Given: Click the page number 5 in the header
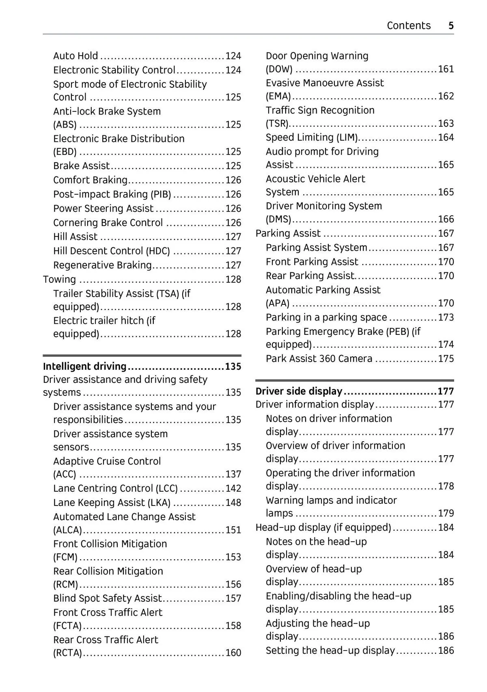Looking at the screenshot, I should coord(451,26).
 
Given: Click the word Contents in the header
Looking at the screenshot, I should coord(408,26).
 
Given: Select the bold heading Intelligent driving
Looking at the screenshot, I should coord(85,366).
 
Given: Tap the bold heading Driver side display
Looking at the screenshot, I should coord(299,391).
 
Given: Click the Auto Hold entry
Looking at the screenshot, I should coord(75,56).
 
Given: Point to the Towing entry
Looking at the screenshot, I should coord(59,279).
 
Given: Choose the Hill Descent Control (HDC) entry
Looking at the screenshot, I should coord(112,251).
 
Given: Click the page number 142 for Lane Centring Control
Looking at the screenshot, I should coord(233,488).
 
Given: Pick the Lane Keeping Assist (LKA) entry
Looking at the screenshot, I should coord(112,503).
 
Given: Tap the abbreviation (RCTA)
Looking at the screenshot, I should coord(67,653).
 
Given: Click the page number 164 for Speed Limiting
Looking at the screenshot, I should coord(446,137).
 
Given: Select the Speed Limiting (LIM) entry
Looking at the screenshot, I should coord(312,137).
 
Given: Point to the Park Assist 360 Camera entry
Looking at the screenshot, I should coord(319,358).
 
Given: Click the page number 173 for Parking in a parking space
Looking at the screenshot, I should coord(446,317).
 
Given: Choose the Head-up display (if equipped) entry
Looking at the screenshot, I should coord(323,527).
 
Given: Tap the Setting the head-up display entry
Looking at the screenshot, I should coord(330,651).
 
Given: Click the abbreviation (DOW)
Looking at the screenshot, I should coord(279,69).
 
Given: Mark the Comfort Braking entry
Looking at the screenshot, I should coord(90,180).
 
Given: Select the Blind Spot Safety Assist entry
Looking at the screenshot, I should coord(108,598).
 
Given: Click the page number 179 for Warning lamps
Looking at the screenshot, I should coord(446,513).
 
